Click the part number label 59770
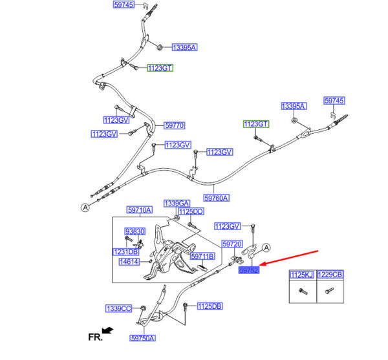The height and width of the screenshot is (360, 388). pyautogui.click(x=175, y=125)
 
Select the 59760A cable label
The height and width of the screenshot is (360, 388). pyautogui.click(x=217, y=198)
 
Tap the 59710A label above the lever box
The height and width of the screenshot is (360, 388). pyautogui.click(x=139, y=210)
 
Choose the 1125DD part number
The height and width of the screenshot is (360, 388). pyautogui.click(x=191, y=211)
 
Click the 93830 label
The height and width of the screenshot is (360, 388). pyautogui.click(x=134, y=231)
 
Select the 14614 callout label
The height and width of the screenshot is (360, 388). pyautogui.click(x=129, y=262)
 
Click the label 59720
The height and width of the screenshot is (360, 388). pyautogui.click(x=232, y=245)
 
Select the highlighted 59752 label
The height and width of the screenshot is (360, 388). pyautogui.click(x=248, y=271)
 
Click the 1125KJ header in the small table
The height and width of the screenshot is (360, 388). pyautogui.click(x=301, y=275)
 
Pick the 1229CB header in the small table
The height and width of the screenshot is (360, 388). pyautogui.click(x=330, y=275)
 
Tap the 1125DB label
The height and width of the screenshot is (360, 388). pyautogui.click(x=210, y=306)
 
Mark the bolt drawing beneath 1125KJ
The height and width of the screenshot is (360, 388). pyautogui.click(x=301, y=291)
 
